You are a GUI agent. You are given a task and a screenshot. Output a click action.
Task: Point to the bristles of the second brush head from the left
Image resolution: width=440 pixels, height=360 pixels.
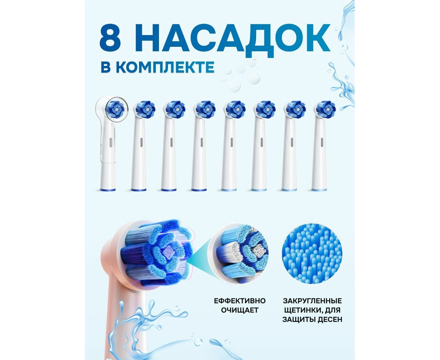point(145,109)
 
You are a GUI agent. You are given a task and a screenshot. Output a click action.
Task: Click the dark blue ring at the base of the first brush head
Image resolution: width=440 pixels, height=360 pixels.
point(108,190)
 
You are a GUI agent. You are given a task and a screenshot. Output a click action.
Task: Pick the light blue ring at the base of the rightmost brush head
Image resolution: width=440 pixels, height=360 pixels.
point(319,190)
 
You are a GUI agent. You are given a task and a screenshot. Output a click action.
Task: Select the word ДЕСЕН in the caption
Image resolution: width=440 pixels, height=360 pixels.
point(330,319)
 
